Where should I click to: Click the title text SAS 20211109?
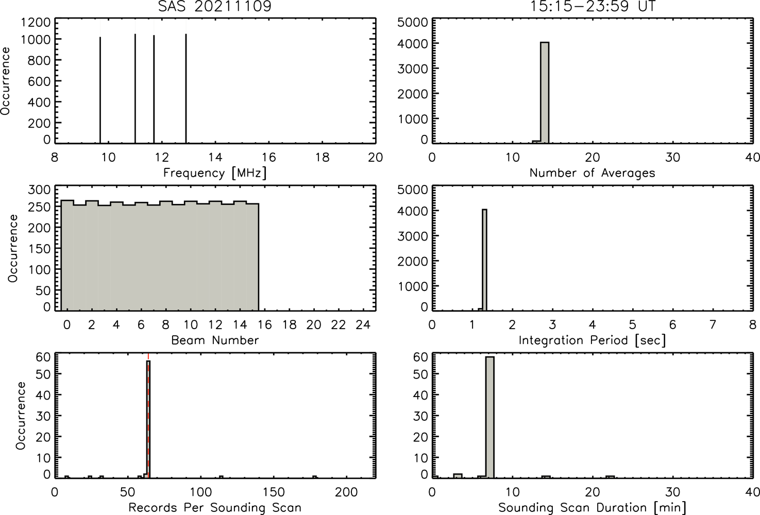pyautogui.click(x=215, y=6)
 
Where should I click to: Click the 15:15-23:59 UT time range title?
pyautogui.click(x=593, y=6)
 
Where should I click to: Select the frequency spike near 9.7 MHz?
pyautogui.click(x=100, y=90)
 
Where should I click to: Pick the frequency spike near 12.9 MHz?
pyautogui.click(x=186, y=89)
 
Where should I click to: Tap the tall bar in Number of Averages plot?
pyautogui.click(x=545, y=93)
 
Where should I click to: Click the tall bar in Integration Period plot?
pyautogui.click(x=484, y=260)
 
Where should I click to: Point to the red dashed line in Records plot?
pyautogui.click(x=148, y=415)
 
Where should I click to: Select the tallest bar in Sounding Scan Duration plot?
pyautogui.click(x=490, y=417)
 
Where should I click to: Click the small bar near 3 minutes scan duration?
pyautogui.click(x=458, y=476)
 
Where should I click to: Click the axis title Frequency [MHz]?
pyautogui.click(x=215, y=173)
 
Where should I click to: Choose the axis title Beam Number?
pyautogui.click(x=215, y=340)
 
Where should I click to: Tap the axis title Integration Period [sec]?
pyautogui.click(x=593, y=340)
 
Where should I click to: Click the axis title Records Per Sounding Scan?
pyautogui.click(x=215, y=508)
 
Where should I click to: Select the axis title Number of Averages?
pyautogui.click(x=593, y=173)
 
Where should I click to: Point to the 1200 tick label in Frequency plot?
pyautogui.click(x=36, y=23)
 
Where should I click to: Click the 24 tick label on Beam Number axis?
pyautogui.click(x=363, y=325)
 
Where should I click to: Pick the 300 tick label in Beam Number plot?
pyautogui.click(x=38, y=190)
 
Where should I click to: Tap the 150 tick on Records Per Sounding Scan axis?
pyautogui.click(x=274, y=492)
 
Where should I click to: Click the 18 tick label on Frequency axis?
pyautogui.click(x=322, y=157)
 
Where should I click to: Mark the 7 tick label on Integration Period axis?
pyautogui.click(x=713, y=325)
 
